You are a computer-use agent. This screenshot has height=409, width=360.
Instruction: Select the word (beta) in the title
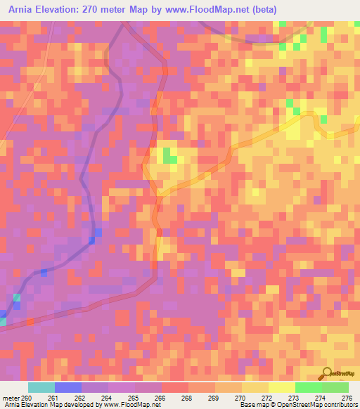click(x=264, y=9)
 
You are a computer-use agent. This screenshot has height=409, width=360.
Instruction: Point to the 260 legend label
click(x=27, y=398)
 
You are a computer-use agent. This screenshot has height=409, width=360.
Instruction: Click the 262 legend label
click(x=81, y=398)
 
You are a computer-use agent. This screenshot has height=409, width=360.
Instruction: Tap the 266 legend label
click(x=160, y=398)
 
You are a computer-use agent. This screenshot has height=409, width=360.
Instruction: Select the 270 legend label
click(x=241, y=398)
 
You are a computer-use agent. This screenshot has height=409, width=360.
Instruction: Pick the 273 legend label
click(x=295, y=398)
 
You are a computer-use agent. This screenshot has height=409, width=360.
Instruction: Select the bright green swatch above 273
click(x=308, y=387)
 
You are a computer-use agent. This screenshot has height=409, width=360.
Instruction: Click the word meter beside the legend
click(x=9, y=398)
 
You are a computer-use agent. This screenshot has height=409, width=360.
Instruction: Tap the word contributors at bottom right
click(x=340, y=405)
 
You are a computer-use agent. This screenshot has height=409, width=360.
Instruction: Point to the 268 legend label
click(x=188, y=398)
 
